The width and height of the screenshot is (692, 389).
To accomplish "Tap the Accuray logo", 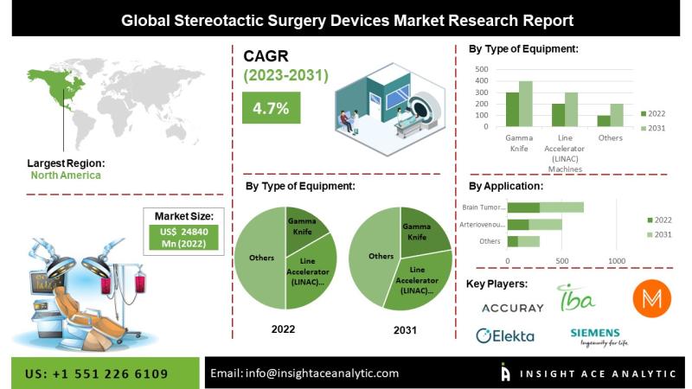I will [x=513, y=307].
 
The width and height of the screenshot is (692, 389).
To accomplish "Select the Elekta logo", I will [x=505, y=335].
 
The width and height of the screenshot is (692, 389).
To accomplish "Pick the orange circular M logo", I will [x=652, y=299].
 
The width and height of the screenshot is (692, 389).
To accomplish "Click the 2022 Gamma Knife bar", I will [x=512, y=110].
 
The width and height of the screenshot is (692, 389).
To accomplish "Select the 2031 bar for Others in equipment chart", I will [x=616, y=115].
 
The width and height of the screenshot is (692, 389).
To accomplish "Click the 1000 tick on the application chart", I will [x=617, y=260].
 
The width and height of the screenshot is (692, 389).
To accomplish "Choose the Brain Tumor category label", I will [x=482, y=207].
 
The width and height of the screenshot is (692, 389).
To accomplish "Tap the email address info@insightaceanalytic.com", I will [x=304, y=373].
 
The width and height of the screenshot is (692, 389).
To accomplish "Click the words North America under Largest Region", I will [x=66, y=175].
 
